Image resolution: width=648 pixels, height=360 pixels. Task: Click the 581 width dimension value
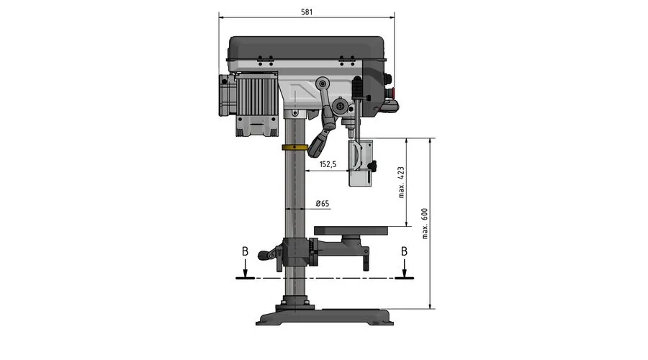(x=307, y=12)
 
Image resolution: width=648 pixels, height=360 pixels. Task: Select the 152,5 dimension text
(x=328, y=164)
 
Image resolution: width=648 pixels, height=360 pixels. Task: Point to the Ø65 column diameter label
(x=323, y=203)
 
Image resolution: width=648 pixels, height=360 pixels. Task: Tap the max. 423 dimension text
(x=401, y=182)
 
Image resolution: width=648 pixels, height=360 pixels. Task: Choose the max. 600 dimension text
(x=425, y=224)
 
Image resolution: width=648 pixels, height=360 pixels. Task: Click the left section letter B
(x=245, y=251)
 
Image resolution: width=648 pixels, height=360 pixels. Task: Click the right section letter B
(x=404, y=251)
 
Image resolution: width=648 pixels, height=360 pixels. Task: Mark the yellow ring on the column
(x=294, y=148)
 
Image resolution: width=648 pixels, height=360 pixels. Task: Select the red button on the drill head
(x=394, y=92)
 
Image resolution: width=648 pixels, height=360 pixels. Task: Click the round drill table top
(x=351, y=230)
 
